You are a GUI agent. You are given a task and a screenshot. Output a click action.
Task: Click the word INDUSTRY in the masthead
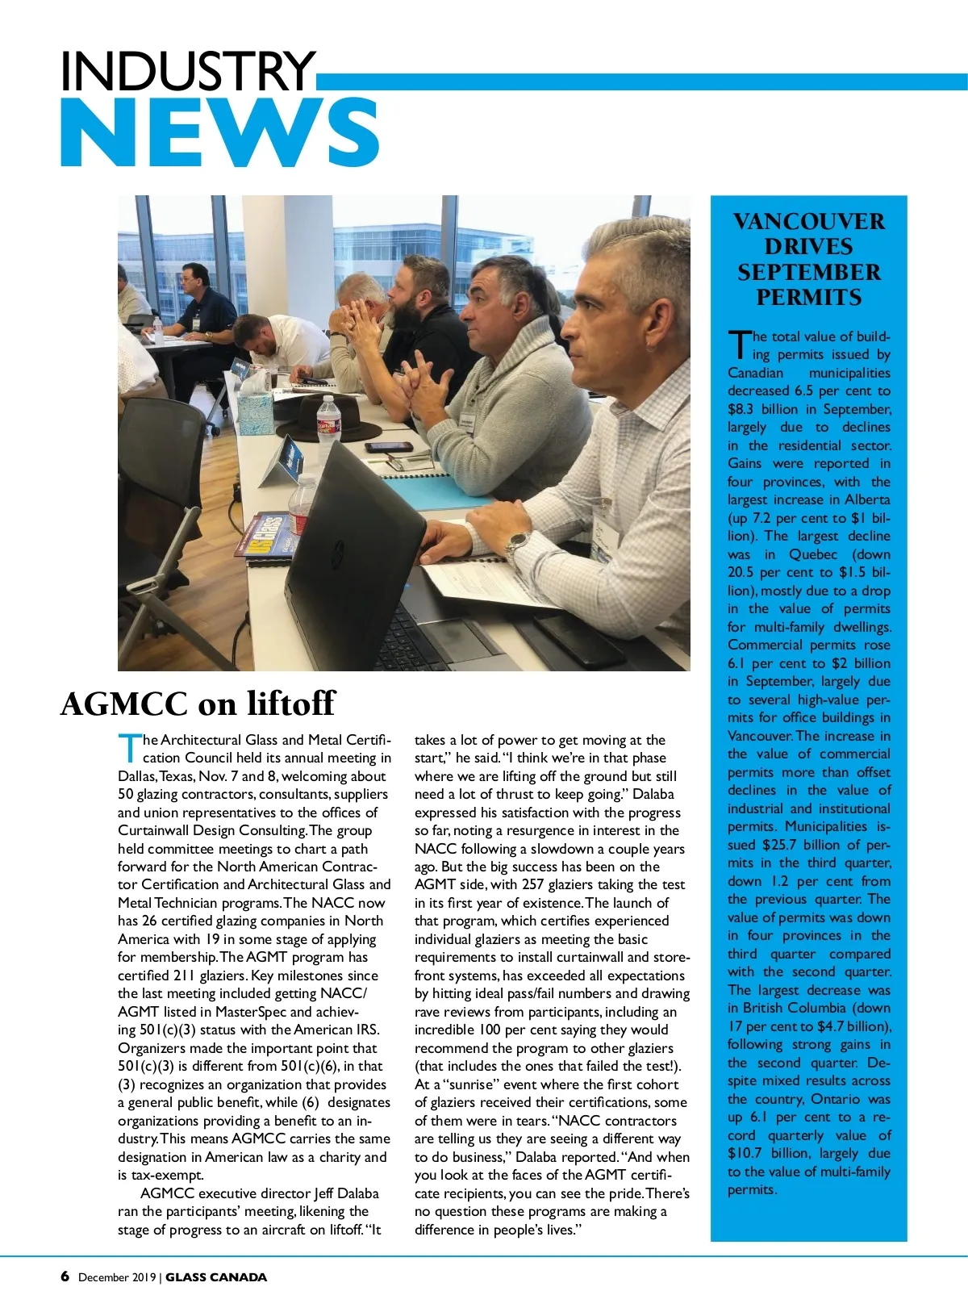[187, 71]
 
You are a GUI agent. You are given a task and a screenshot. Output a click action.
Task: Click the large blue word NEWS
[219, 133]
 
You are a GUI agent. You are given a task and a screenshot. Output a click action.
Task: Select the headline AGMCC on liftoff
[198, 704]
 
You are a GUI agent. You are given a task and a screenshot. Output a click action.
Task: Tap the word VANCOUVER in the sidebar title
[808, 222]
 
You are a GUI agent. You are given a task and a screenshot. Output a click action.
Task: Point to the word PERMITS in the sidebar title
[808, 298]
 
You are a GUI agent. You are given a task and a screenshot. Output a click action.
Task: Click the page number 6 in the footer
[65, 1276]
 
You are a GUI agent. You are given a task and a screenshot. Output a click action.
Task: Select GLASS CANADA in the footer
[216, 1277]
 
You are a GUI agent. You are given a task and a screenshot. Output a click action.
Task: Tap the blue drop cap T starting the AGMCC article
[128, 748]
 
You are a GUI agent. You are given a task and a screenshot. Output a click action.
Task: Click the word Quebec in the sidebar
[813, 554]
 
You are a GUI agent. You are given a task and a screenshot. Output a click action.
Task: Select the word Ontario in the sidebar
[836, 1099]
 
